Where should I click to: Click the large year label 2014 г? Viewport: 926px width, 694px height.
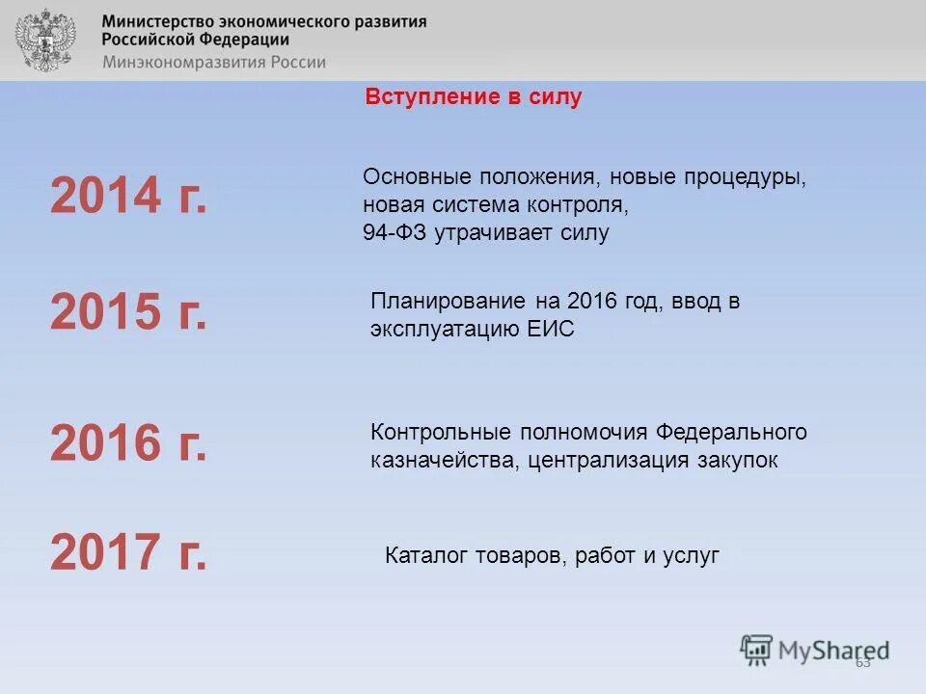[x=128, y=198]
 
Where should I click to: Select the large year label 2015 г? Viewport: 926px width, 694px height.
[x=128, y=312]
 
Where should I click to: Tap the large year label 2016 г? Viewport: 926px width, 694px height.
[x=128, y=442]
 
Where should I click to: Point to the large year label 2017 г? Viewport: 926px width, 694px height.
[x=128, y=553]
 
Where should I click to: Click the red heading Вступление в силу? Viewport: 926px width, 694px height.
[x=474, y=97]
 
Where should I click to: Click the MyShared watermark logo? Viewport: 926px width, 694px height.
[x=815, y=650]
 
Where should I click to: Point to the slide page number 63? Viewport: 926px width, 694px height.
[x=862, y=661]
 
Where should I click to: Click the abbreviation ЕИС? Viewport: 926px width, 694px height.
[x=551, y=329]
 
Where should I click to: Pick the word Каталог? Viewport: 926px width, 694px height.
[x=425, y=555]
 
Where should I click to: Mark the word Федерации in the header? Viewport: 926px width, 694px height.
[x=245, y=40]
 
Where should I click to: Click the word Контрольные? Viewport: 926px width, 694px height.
[x=440, y=432]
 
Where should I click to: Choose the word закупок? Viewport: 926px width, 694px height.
[x=736, y=461]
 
